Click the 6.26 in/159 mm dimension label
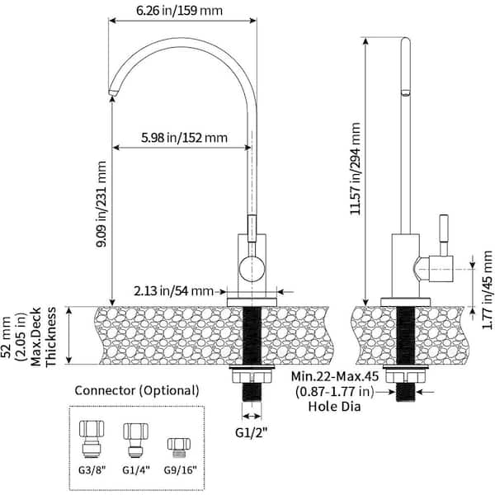click(179, 11)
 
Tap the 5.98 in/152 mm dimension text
click(184, 138)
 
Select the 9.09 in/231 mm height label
click(101, 204)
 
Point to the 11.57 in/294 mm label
click(356, 168)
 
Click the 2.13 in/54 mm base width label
click(173, 290)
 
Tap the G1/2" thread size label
click(252, 432)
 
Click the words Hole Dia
click(334, 406)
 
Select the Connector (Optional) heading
click(137, 390)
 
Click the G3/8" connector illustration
click(92, 439)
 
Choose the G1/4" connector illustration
click(136, 441)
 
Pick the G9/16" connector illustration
click(179, 448)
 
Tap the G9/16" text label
click(180, 470)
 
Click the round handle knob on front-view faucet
click(252, 269)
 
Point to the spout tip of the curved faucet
click(113, 92)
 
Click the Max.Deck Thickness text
click(44, 337)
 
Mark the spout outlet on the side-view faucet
click(406, 92)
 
